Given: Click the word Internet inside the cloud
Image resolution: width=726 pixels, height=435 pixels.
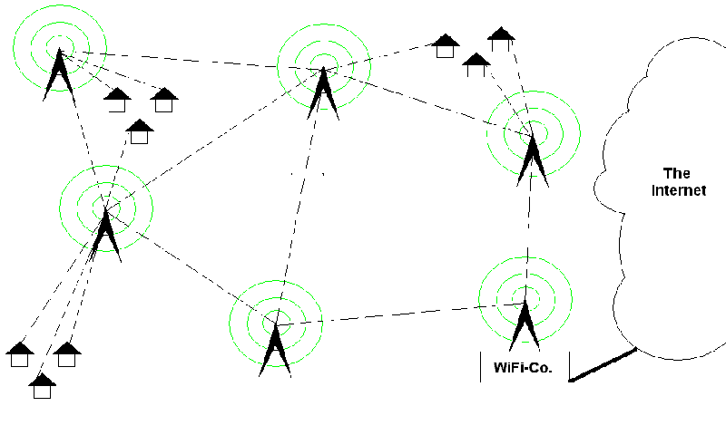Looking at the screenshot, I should click(679, 190).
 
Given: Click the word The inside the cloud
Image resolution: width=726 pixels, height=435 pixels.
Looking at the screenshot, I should click(677, 173).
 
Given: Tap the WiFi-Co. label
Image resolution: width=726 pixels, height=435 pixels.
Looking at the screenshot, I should click(524, 368).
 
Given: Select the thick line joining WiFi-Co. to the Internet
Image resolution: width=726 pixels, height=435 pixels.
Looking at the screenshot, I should click(603, 364).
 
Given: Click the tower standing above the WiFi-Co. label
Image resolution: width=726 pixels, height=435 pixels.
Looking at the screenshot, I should click(525, 326).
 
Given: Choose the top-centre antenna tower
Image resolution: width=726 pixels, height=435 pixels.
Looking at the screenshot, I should click(321, 91).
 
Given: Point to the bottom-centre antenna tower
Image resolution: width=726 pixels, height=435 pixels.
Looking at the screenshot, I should click(274, 349).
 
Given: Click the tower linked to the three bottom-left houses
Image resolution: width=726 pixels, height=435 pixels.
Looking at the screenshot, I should click(105, 231).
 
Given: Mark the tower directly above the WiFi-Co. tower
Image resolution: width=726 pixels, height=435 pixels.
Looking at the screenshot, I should click(533, 156).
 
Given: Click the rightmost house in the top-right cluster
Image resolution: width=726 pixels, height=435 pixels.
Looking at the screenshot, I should click(501, 39).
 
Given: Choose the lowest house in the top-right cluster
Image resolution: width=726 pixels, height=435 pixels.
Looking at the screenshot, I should click(476, 64).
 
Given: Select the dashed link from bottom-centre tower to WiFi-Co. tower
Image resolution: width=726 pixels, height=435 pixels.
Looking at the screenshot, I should click(399, 314).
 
